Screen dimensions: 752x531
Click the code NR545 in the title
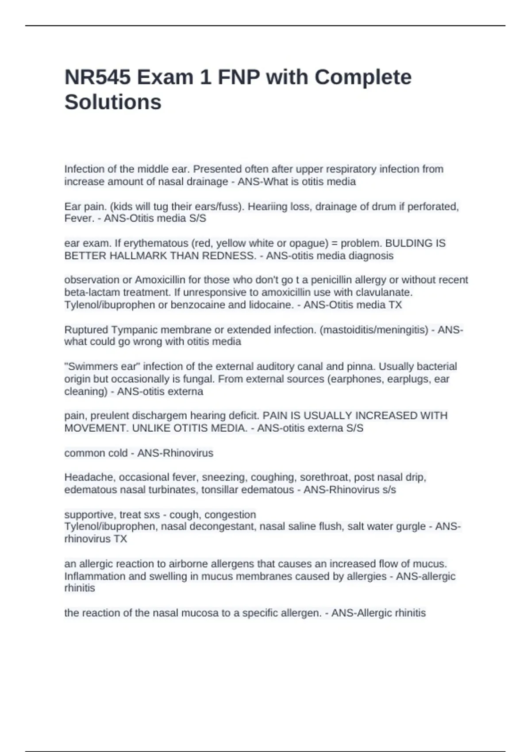[x=97, y=77]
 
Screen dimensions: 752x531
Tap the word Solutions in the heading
[x=113, y=102]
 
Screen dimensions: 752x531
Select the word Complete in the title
[x=363, y=77]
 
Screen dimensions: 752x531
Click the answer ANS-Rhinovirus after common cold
[x=175, y=453]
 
